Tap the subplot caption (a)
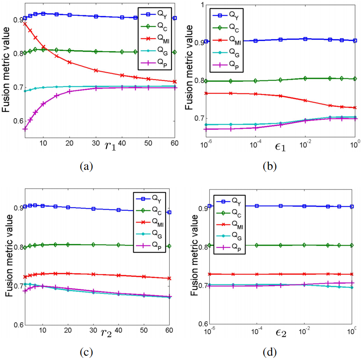86,167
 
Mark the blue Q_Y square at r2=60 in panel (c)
169,212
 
